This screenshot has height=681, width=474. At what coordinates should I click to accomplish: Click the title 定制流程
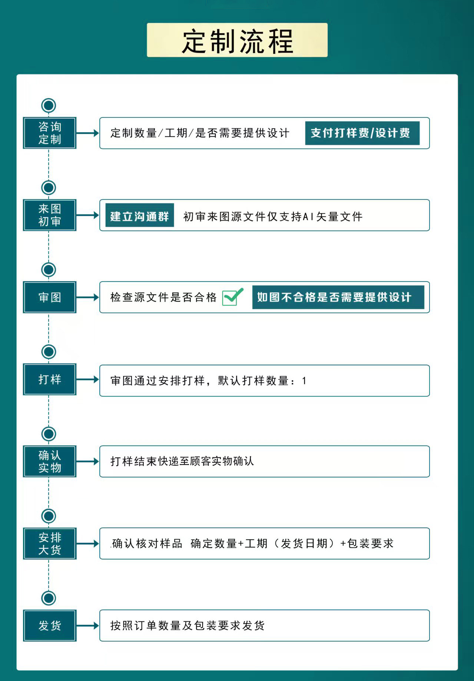237,41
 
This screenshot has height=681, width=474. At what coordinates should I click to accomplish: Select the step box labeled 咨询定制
50,133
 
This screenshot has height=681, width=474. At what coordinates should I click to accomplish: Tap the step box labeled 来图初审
50,215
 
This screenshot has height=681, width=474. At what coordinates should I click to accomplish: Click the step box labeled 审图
50,297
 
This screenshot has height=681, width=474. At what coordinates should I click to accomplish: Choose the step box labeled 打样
50,379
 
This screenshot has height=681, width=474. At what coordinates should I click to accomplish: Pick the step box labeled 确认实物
50,461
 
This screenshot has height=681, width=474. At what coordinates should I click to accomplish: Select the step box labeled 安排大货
50,544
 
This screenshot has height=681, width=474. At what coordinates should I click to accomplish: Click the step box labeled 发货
50,625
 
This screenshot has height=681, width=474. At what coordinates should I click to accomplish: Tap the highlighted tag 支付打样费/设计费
362,133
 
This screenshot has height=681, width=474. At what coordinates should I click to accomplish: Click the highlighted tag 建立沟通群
140,215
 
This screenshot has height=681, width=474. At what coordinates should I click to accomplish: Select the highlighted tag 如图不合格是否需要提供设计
338,297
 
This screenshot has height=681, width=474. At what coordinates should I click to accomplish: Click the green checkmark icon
232,297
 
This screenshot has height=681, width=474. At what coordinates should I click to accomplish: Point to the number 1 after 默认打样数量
304,381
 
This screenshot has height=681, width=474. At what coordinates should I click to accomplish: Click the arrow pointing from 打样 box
87,379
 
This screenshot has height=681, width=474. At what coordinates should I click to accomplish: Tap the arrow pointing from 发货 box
87,625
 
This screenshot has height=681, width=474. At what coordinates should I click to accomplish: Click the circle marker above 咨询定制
49,106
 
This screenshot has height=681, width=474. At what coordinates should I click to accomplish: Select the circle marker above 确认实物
49,434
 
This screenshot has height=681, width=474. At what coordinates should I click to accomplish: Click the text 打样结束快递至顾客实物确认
182,461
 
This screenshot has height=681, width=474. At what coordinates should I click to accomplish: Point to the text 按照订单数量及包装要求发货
188,626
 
